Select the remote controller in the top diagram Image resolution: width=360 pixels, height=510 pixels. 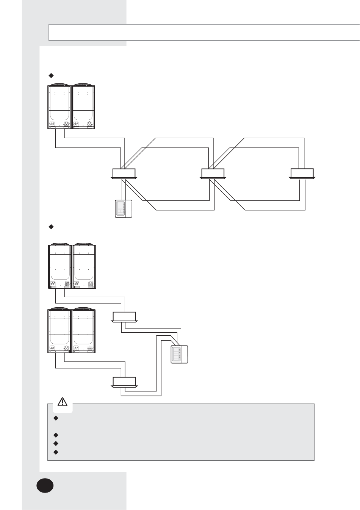click(124, 208)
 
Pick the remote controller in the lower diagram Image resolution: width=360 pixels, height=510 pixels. click(179, 355)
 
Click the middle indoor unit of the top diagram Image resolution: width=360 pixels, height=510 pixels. click(213, 174)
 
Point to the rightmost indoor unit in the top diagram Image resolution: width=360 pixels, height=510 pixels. click(302, 174)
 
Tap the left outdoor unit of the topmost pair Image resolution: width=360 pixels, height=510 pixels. click(59, 106)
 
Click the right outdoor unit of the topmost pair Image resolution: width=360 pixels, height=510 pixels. click(84, 106)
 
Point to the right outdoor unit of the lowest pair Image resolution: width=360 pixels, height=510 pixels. click(84, 331)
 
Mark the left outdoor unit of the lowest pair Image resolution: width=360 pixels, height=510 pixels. click(59, 331)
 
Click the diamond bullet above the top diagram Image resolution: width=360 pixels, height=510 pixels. click(51, 74)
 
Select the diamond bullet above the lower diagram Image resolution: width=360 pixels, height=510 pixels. click(51, 227)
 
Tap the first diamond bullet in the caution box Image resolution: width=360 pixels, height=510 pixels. click(56, 418)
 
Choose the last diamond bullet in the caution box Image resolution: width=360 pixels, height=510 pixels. click(56, 452)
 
